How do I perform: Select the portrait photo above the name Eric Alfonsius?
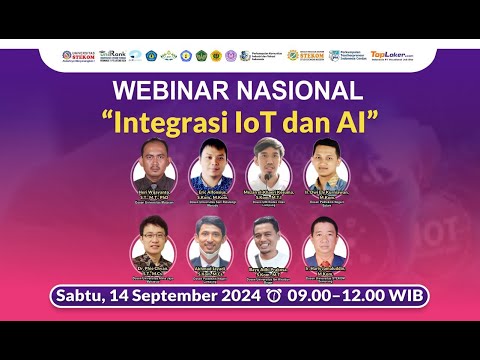[212, 160]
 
